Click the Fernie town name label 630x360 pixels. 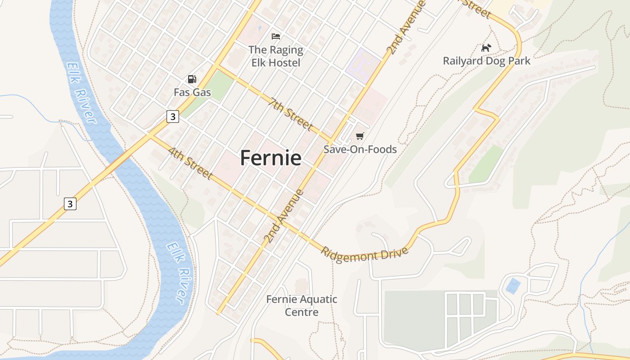(270, 158)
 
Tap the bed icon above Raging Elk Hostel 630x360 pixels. (276, 36)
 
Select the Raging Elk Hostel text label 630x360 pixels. (275, 56)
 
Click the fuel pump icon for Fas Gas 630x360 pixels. (192, 79)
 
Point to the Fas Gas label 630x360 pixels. (192, 92)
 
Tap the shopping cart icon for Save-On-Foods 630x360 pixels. (360, 136)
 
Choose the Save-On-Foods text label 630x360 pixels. (360, 149)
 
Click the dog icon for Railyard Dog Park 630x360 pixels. (486, 47)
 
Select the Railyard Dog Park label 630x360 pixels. (486, 61)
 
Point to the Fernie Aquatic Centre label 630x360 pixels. (301, 305)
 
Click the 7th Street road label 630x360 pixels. (290, 114)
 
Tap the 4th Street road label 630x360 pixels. (190, 162)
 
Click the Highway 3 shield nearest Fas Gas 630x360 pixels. (173, 117)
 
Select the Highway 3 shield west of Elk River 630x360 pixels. (70, 204)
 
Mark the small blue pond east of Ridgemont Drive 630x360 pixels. (513, 286)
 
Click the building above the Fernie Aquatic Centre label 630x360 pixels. (302, 286)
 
